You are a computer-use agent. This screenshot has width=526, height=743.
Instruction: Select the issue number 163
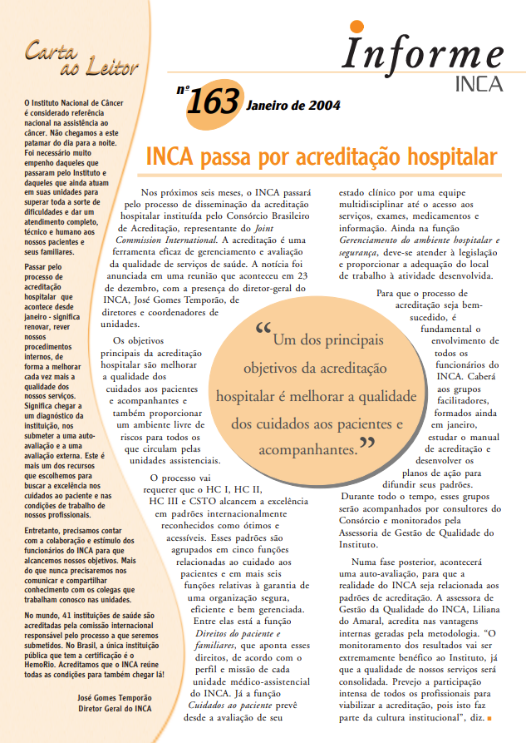coord(214,104)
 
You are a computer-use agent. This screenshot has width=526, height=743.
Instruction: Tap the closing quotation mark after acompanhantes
coord(366,447)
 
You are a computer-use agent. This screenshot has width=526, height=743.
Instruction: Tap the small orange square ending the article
coord(490,717)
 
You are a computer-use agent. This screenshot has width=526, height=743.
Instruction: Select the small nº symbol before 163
coord(183,88)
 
